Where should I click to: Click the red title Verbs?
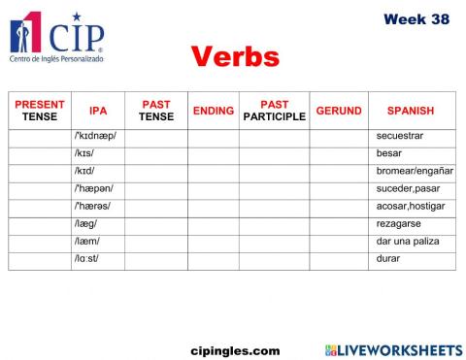(235, 57)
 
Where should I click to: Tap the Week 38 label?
(416, 19)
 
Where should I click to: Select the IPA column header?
(98, 112)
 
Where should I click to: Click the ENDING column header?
(214, 112)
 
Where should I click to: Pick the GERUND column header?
(339, 112)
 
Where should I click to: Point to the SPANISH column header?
(411, 112)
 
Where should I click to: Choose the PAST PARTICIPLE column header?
(275, 111)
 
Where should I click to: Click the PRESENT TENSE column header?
(40, 111)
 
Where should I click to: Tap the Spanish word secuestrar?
(400, 137)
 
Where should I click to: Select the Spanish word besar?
(389, 154)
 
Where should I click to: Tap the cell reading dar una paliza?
(405, 242)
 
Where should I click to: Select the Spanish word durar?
(388, 259)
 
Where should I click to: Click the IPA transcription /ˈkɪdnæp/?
(95, 137)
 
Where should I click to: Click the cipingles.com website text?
(235, 350)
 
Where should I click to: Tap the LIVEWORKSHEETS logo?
(393, 349)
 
